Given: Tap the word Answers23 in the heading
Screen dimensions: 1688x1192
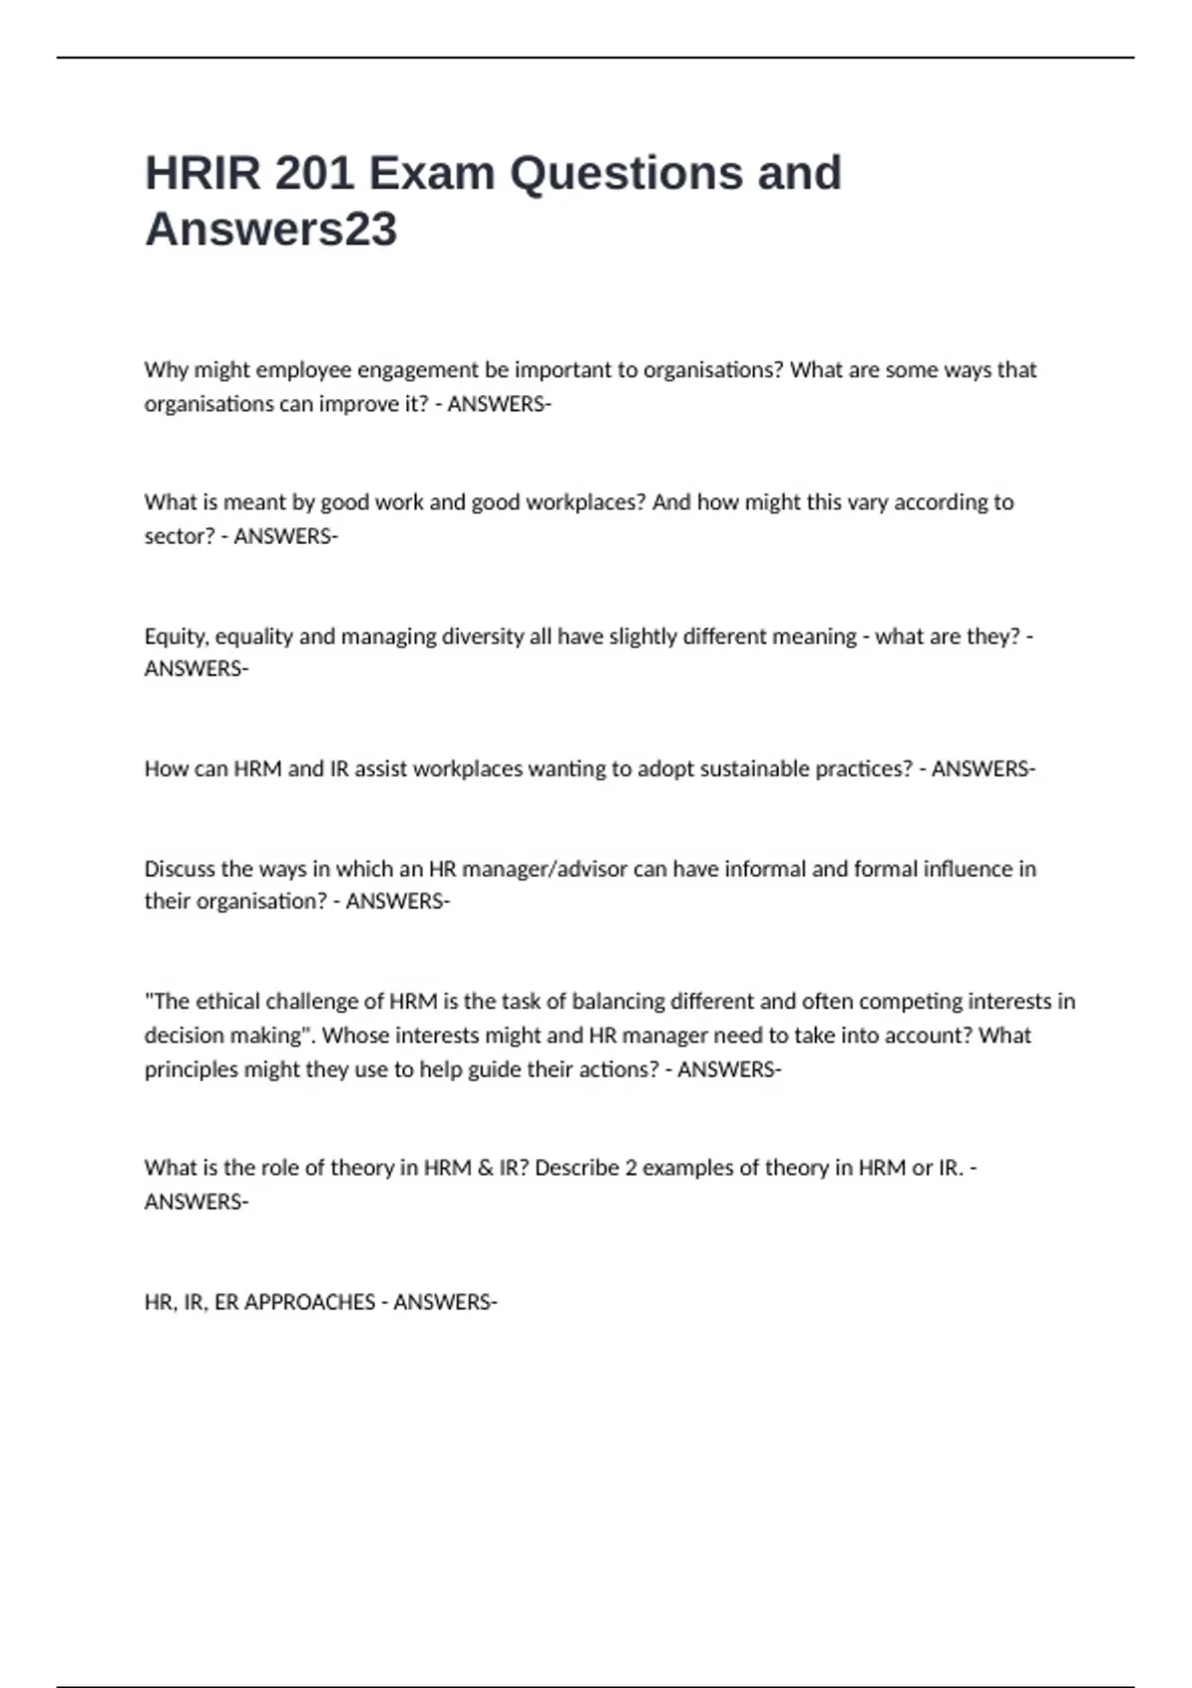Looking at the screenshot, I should coord(271,229).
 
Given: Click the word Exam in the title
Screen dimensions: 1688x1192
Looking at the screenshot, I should coord(432,174).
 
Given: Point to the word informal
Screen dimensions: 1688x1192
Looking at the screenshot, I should coord(765,869).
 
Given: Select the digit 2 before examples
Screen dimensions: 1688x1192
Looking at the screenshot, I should coord(631,1168).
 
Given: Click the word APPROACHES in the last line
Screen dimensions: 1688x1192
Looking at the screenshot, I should coord(309,1302).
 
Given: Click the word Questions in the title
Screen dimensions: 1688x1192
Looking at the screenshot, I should coord(626,174).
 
